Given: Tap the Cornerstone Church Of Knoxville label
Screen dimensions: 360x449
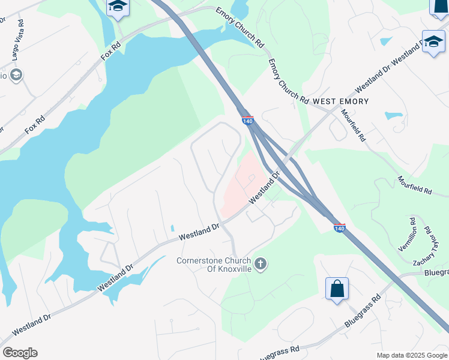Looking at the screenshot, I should pos(214,264).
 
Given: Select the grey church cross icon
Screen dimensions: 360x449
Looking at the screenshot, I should pos(261,263).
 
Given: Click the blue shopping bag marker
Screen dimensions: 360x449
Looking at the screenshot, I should pos(337,289).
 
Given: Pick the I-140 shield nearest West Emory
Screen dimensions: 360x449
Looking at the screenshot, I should pos(248,120).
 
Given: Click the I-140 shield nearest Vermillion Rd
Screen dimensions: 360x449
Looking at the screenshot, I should pos(339,228).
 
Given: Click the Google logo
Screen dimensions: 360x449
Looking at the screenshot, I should pos(20,353).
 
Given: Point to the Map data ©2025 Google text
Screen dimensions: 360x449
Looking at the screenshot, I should pos(412,355).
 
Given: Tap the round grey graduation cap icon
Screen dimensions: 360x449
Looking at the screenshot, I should pos(16,75).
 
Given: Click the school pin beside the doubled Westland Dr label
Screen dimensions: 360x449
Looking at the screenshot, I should pos(433,42).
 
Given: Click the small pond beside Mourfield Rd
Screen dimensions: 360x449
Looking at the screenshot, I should pos(393,115).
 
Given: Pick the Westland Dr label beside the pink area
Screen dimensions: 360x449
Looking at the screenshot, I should pos(266,189).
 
